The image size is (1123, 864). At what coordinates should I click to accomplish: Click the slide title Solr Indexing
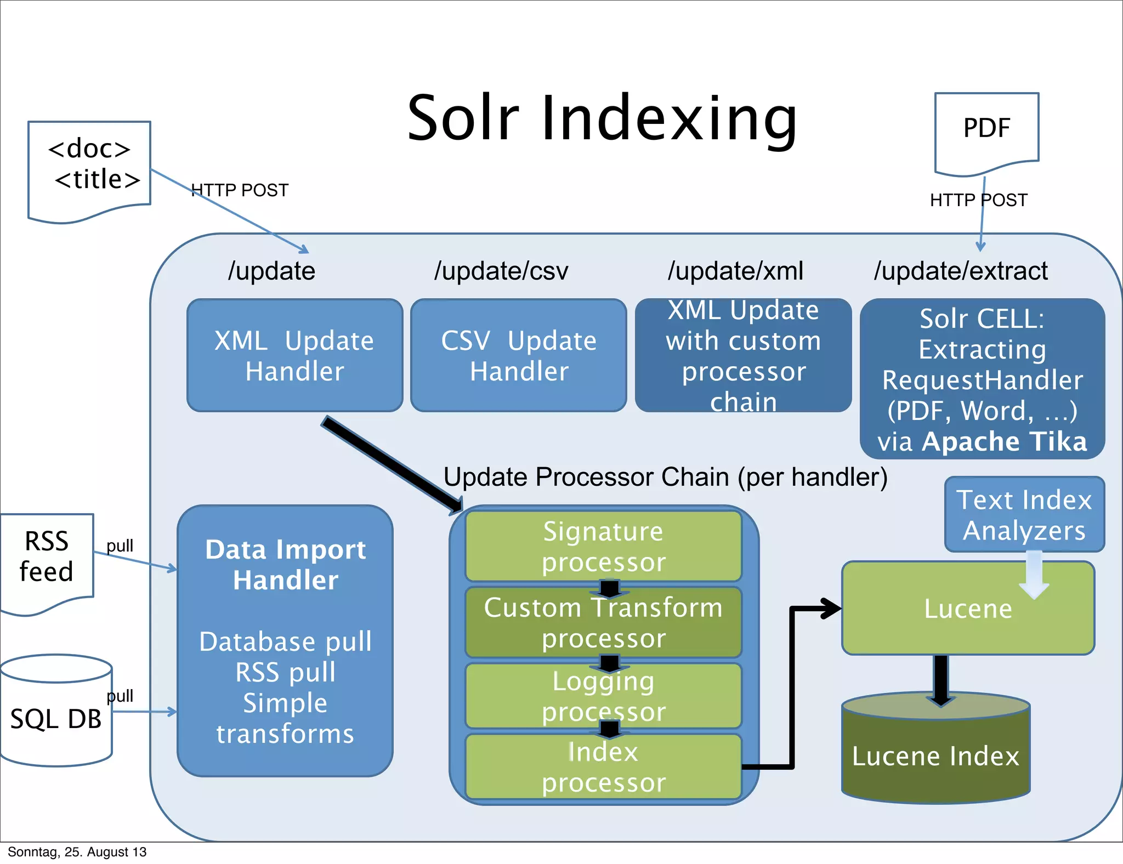[x=602, y=118]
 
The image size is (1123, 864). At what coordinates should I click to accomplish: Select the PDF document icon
[x=986, y=132]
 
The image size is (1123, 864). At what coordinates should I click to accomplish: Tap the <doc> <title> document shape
[x=89, y=167]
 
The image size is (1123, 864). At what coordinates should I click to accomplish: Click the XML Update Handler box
[x=294, y=355]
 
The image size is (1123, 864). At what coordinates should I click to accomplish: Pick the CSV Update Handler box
[x=518, y=355]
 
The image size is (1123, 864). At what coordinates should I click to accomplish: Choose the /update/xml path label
[x=735, y=271]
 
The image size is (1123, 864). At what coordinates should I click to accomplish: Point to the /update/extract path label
[x=961, y=271]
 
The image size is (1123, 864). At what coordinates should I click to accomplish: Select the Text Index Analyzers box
[x=1024, y=514]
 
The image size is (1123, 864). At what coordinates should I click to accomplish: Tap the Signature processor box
[x=603, y=546]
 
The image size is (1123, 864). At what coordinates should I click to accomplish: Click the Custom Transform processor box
[x=603, y=622]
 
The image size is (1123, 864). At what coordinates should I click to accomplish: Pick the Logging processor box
[x=603, y=696]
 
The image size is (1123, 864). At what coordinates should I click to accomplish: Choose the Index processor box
[x=603, y=766]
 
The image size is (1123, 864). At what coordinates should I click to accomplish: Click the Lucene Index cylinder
[x=935, y=755]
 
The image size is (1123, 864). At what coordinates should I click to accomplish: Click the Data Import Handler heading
[x=285, y=565]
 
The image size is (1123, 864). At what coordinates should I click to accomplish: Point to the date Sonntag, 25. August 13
[x=77, y=852]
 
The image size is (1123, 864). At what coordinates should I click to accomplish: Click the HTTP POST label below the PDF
[x=978, y=200]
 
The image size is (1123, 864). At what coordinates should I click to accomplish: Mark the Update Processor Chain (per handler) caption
[x=665, y=477]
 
